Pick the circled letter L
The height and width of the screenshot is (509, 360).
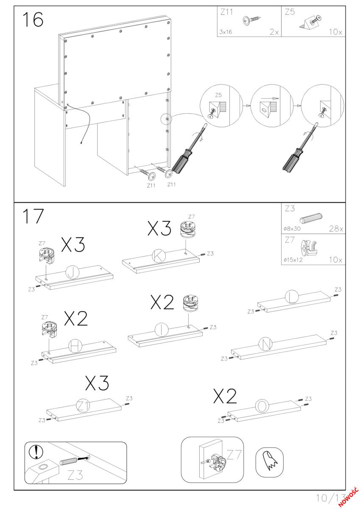click(292, 298)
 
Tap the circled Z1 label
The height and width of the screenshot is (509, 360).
click(83, 406)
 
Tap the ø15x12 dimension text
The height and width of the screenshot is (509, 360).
click(293, 260)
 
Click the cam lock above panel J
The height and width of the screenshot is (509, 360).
click(46, 254)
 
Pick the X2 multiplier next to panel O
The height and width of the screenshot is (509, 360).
click(226, 397)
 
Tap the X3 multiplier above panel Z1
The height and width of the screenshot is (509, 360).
click(97, 383)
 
